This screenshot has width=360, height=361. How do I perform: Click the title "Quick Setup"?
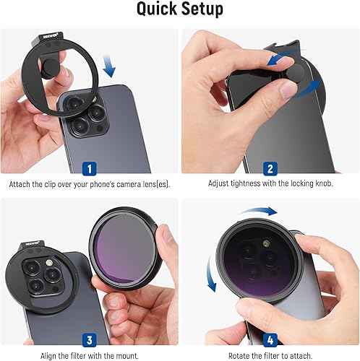(x=179, y=11)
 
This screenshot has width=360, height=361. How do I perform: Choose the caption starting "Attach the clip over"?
(x=89, y=183)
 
